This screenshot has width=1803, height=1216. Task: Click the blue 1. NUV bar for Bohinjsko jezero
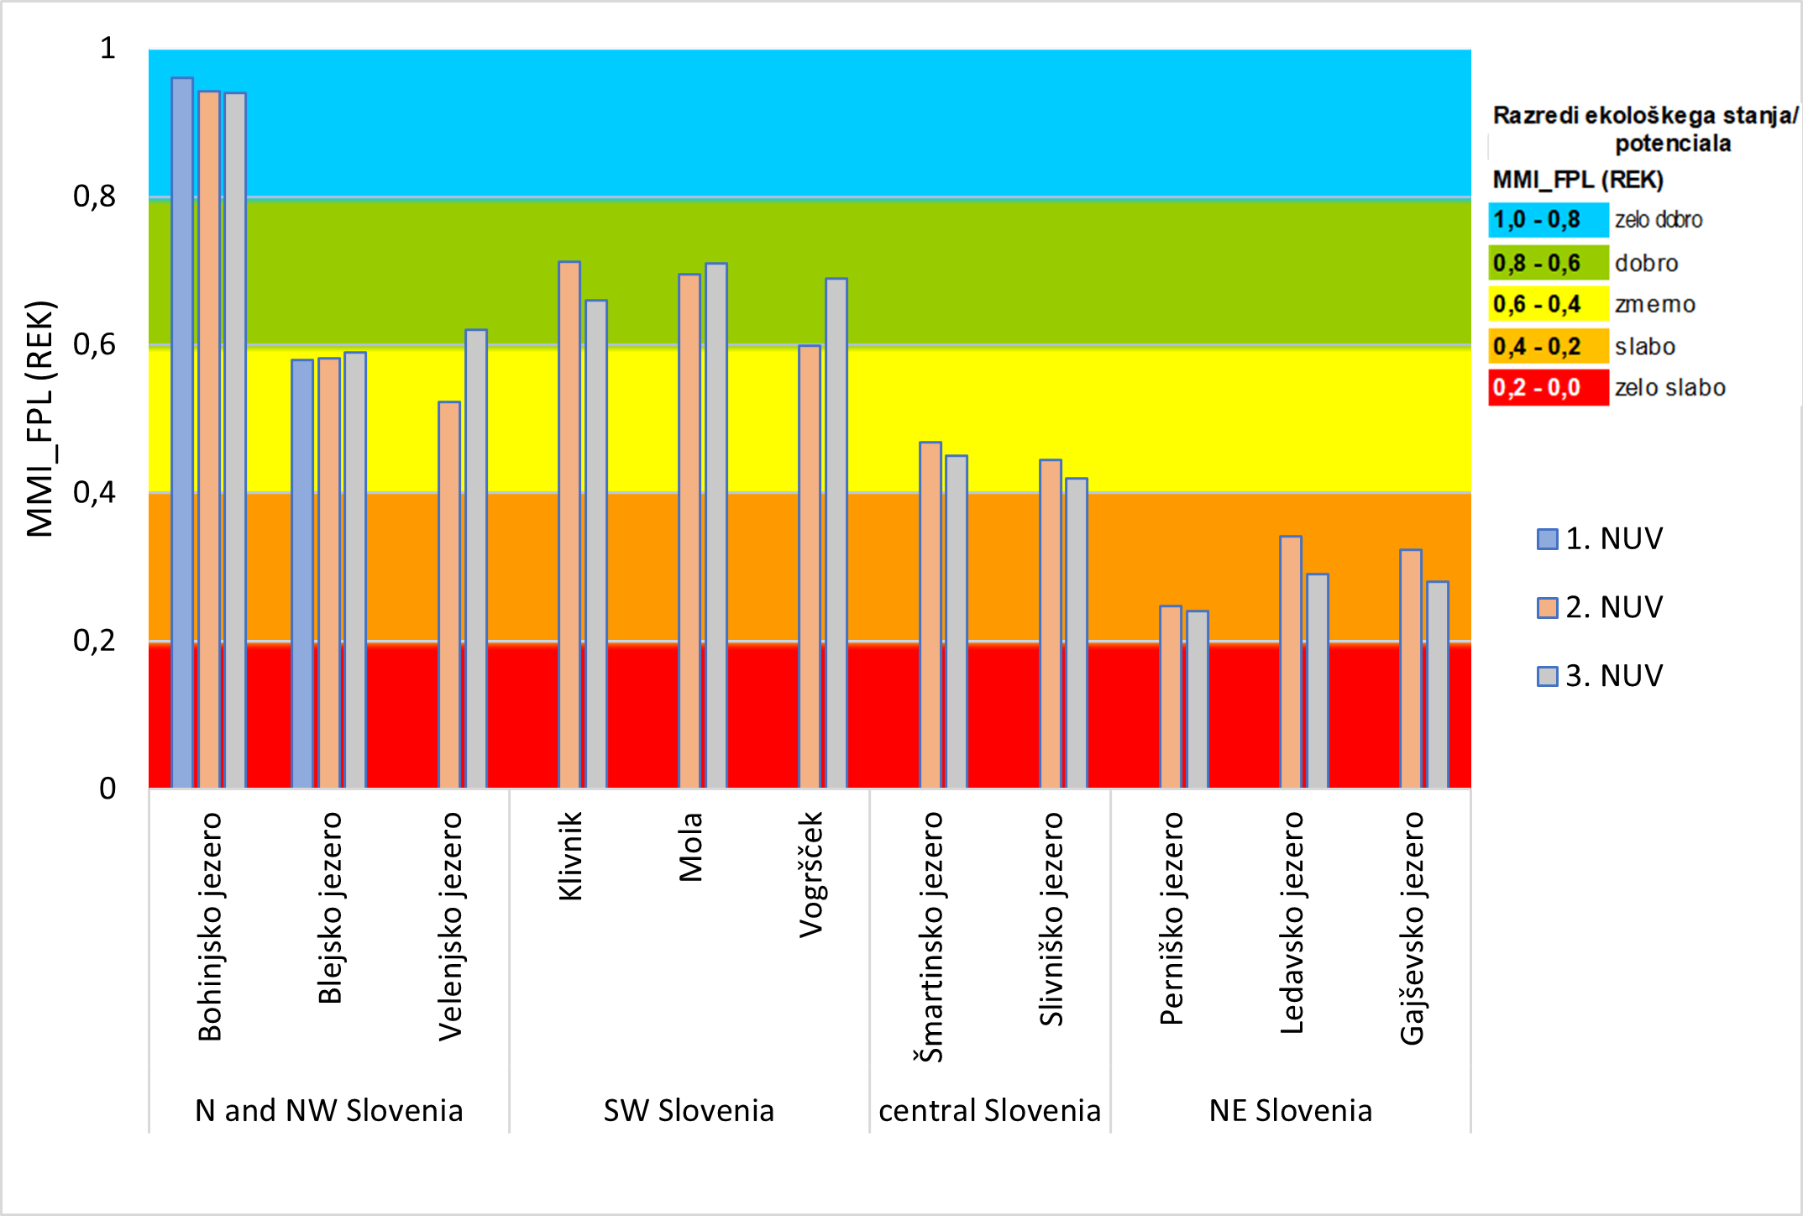coord(182,432)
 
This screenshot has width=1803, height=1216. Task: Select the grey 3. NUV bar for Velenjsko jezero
coord(476,558)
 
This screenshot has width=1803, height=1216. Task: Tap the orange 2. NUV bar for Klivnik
coord(569,525)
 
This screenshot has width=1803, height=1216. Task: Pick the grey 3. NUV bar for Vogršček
coord(836,533)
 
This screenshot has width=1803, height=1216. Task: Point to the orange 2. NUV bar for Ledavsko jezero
coord(1291,662)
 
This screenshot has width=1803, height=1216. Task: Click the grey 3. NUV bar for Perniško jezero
coord(1198,699)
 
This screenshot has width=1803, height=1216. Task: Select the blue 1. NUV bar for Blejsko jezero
coord(302,574)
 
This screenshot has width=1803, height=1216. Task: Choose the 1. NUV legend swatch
coord(1547,539)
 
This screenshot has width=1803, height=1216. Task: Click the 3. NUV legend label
coord(1614,676)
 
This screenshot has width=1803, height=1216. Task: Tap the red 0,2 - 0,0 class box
coord(1548,388)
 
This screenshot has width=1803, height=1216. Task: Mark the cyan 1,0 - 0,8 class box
coord(1548,220)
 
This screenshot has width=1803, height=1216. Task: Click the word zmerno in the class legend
coord(1654,305)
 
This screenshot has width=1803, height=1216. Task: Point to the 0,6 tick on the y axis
coord(94,344)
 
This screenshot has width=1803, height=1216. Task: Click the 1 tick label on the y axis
coord(107,49)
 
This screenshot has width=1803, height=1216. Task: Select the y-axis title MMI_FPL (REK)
coord(39,418)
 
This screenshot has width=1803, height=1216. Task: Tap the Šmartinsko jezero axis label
coord(930,936)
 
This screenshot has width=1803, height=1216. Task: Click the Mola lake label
coord(690,846)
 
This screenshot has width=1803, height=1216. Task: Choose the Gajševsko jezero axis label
coord(1412,928)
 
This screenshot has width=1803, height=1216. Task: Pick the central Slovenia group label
coord(989,1111)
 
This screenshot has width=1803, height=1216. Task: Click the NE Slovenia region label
coord(1291,1111)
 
